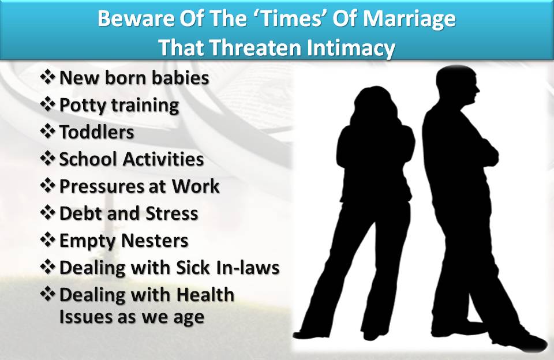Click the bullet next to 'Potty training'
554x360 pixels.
click(x=48, y=104)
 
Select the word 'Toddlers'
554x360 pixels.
click(x=96, y=132)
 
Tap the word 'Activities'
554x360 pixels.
click(x=163, y=159)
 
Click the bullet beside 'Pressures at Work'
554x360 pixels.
click(x=48, y=185)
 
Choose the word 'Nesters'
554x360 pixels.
click(x=155, y=241)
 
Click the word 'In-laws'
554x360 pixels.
click(x=249, y=268)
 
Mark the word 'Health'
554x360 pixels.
click(x=205, y=295)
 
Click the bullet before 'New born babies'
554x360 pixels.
click(x=48, y=77)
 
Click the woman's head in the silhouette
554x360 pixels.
click(x=376, y=104)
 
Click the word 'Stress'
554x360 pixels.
click(x=172, y=213)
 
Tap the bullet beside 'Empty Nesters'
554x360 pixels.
click(x=48, y=240)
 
